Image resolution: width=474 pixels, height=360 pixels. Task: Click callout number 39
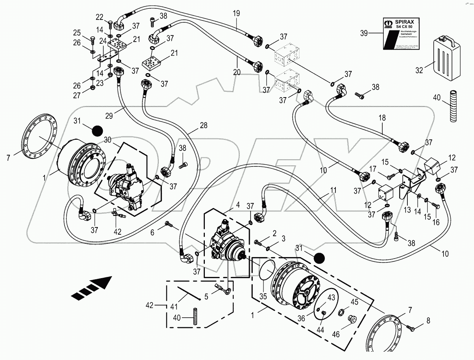point(365,33)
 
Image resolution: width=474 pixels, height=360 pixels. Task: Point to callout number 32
point(419,70)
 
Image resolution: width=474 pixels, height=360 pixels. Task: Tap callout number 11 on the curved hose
point(323,188)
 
